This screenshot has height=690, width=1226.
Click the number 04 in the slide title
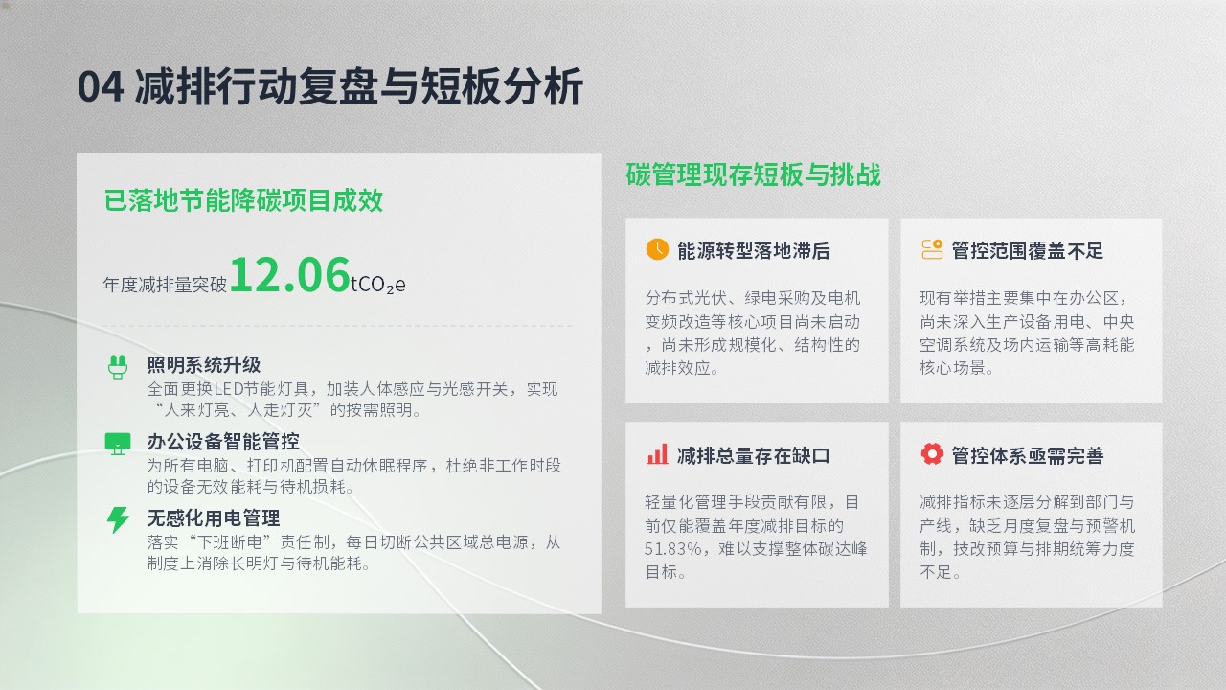(x=101, y=86)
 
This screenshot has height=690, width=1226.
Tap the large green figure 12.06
(x=289, y=275)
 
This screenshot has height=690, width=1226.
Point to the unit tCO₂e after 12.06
(x=378, y=285)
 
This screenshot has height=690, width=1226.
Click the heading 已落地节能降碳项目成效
(x=243, y=200)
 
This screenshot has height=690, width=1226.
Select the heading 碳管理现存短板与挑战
(x=753, y=174)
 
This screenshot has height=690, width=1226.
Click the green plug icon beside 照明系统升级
(x=118, y=367)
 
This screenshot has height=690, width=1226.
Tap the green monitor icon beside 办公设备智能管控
(x=118, y=444)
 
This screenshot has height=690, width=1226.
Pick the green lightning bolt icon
(x=118, y=519)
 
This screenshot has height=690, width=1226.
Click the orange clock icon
(x=657, y=249)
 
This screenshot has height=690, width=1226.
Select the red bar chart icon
(x=657, y=454)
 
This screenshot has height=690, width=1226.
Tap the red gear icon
(x=932, y=454)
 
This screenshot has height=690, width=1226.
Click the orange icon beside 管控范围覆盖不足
(x=932, y=249)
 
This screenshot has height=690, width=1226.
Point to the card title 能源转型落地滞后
(x=754, y=251)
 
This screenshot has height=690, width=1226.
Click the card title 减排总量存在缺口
(x=754, y=455)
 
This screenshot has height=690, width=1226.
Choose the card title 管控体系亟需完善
(x=1028, y=455)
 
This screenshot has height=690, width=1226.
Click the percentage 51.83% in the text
(x=672, y=549)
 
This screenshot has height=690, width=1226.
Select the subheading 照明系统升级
(x=204, y=365)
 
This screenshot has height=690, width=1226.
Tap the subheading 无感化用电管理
(x=214, y=518)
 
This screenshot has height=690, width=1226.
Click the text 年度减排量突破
(x=165, y=285)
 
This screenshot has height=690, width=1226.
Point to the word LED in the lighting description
(x=228, y=389)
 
